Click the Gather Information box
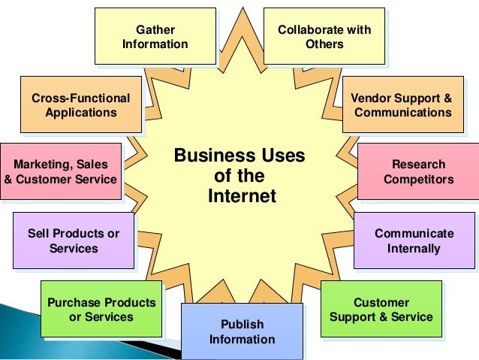click(x=155, y=37)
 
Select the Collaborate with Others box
click(x=324, y=37)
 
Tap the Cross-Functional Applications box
click(x=81, y=105)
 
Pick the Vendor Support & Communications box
click(x=402, y=105)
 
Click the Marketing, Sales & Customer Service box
click(x=61, y=172)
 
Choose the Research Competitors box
click(x=418, y=172)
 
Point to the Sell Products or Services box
click(x=74, y=241)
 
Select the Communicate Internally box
click(x=414, y=241)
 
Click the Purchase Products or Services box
click(x=101, y=309)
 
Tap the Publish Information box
click(x=242, y=331)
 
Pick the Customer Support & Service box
click(x=381, y=309)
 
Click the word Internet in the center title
click(x=242, y=197)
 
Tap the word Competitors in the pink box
click(x=418, y=180)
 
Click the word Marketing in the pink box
click(x=41, y=165)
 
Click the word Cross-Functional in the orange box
click(x=81, y=98)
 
